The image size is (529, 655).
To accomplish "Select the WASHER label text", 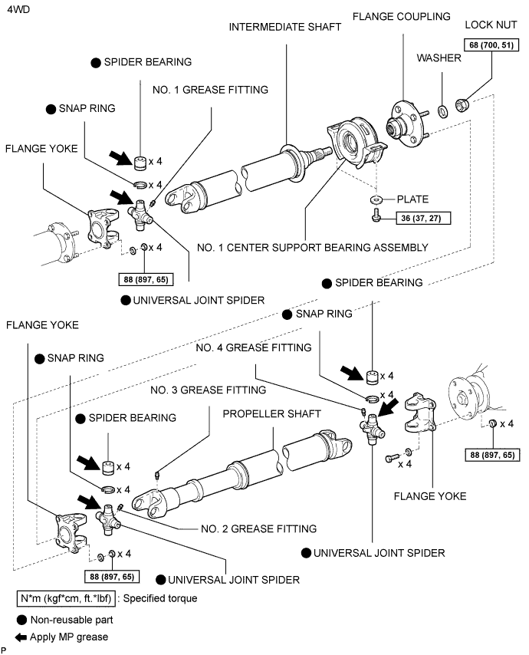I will pos(439,58).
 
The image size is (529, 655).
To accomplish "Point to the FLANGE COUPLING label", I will pos(393,17).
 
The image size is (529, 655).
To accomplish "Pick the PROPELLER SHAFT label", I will pos(266,413).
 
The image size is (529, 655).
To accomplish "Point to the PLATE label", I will pos(413,199).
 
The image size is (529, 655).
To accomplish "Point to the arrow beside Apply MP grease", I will pos(20,637).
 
